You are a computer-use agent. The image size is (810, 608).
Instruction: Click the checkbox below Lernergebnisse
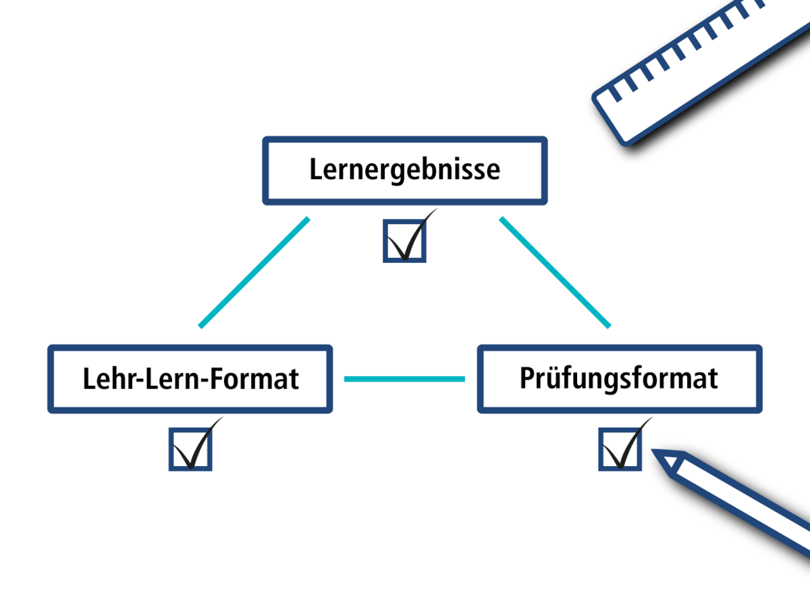coord(404,241)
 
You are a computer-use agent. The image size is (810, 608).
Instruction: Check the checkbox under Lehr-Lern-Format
coord(190,449)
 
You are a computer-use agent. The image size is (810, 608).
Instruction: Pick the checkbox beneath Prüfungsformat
coord(620,449)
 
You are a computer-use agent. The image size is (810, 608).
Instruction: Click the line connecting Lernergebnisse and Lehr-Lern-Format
coord(254,272)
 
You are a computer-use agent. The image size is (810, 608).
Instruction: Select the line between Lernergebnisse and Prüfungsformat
coord(555,272)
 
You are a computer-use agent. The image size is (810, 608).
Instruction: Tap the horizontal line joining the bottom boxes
coord(404,379)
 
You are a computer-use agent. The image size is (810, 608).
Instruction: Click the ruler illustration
coord(702,68)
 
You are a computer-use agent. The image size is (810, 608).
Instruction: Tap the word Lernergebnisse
coord(405,170)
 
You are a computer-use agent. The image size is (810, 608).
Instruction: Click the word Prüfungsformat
coord(619,378)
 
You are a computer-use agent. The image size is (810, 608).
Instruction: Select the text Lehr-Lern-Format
coord(190,379)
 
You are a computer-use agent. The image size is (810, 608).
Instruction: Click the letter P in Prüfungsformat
coord(526,378)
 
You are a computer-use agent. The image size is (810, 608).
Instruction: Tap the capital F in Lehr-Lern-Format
coord(213,379)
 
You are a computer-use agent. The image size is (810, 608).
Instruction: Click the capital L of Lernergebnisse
coord(315,170)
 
